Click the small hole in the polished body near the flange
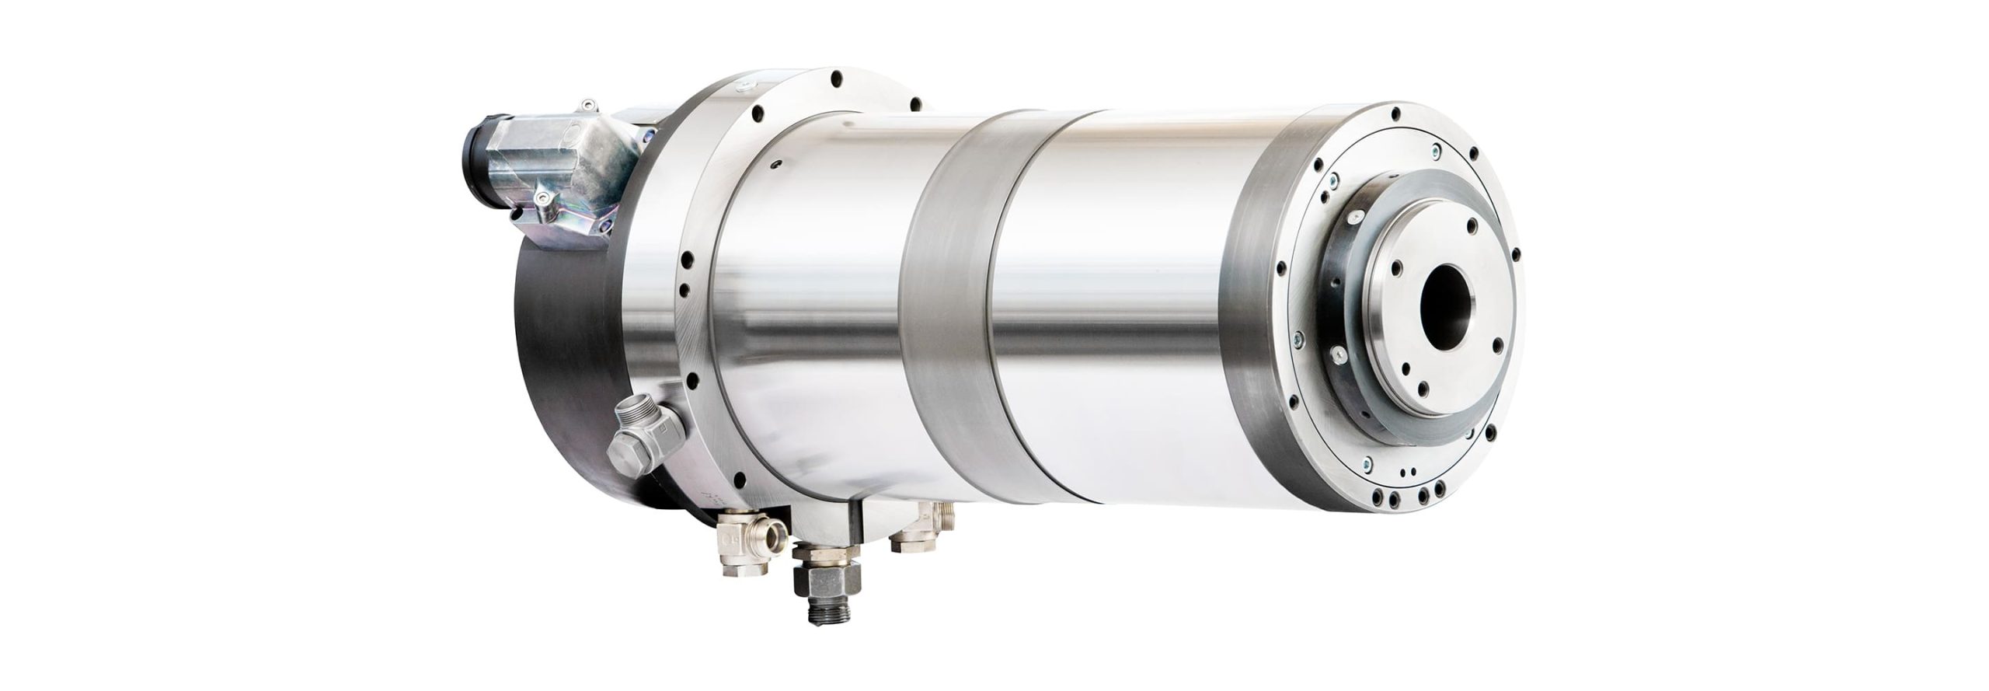[x=776, y=165]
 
